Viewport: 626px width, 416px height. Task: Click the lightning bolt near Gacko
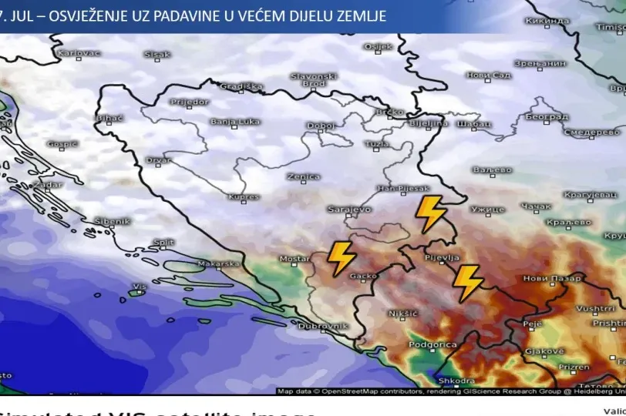(x=341, y=258)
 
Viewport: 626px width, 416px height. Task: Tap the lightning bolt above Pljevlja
(x=430, y=213)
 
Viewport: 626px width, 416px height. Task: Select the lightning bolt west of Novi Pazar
(x=467, y=282)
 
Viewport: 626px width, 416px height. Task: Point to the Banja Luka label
(x=235, y=122)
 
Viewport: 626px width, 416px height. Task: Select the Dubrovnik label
(x=323, y=326)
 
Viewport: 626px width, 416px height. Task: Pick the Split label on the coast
(x=163, y=242)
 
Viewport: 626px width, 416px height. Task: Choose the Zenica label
(x=303, y=176)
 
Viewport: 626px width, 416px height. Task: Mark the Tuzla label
(x=376, y=144)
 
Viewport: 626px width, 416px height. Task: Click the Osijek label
(x=378, y=47)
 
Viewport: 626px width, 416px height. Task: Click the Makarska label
(x=218, y=263)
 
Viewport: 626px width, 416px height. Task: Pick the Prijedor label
(x=189, y=102)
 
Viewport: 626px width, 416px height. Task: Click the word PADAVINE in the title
(x=167, y=15)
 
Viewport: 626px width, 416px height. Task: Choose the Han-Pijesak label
(x=402, y=188)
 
